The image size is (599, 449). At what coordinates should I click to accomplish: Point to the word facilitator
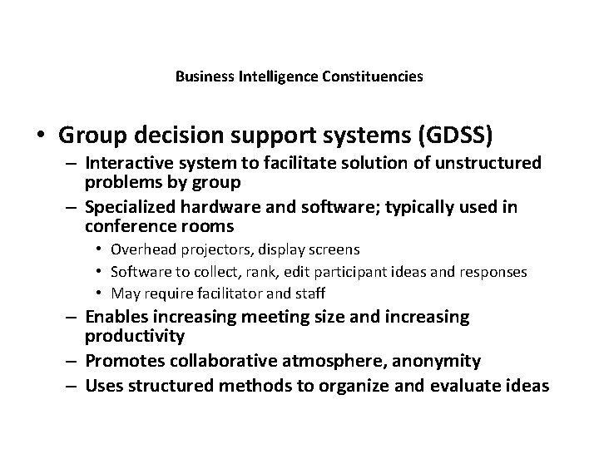point(220,294)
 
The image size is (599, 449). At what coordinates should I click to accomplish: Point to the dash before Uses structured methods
point(72,385)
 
